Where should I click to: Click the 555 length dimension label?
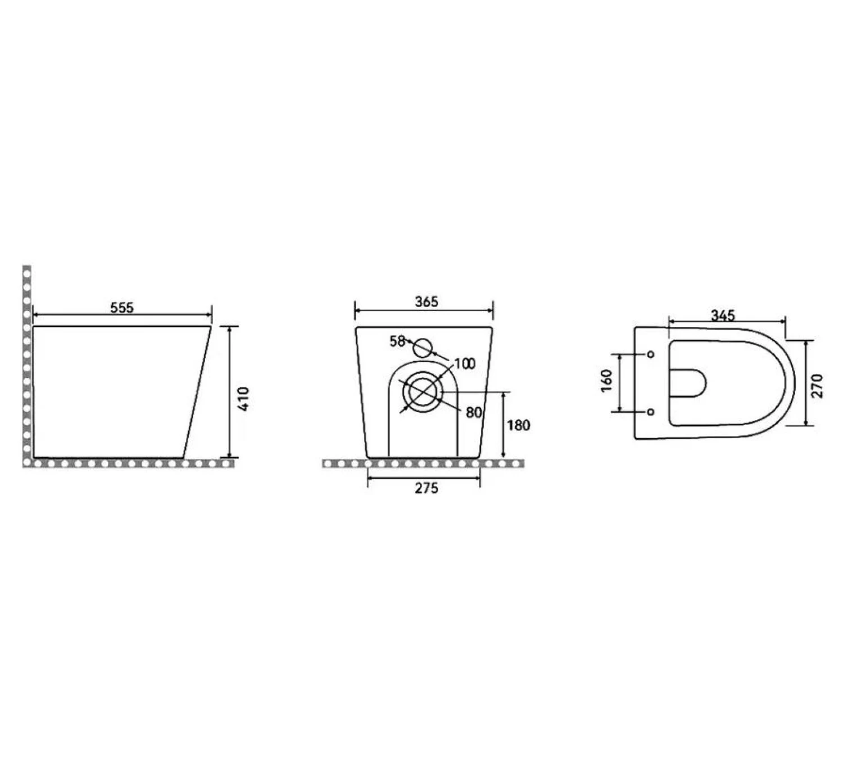[122, 308]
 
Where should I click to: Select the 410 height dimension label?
[243, 398]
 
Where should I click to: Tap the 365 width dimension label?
[427, 301]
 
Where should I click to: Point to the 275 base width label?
[427, 488]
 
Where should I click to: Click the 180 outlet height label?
[519, 425]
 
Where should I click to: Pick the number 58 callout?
[397, 341]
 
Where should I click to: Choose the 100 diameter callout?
[465, 363]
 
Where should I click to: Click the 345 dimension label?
[723, 316]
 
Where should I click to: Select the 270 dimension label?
[817, 385]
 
